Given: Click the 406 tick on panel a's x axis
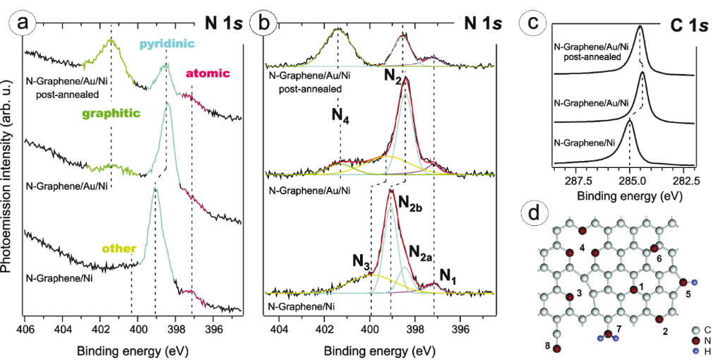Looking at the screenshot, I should click(x=25, y=330).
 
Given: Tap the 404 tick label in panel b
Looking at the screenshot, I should click(x=280, y=330).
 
